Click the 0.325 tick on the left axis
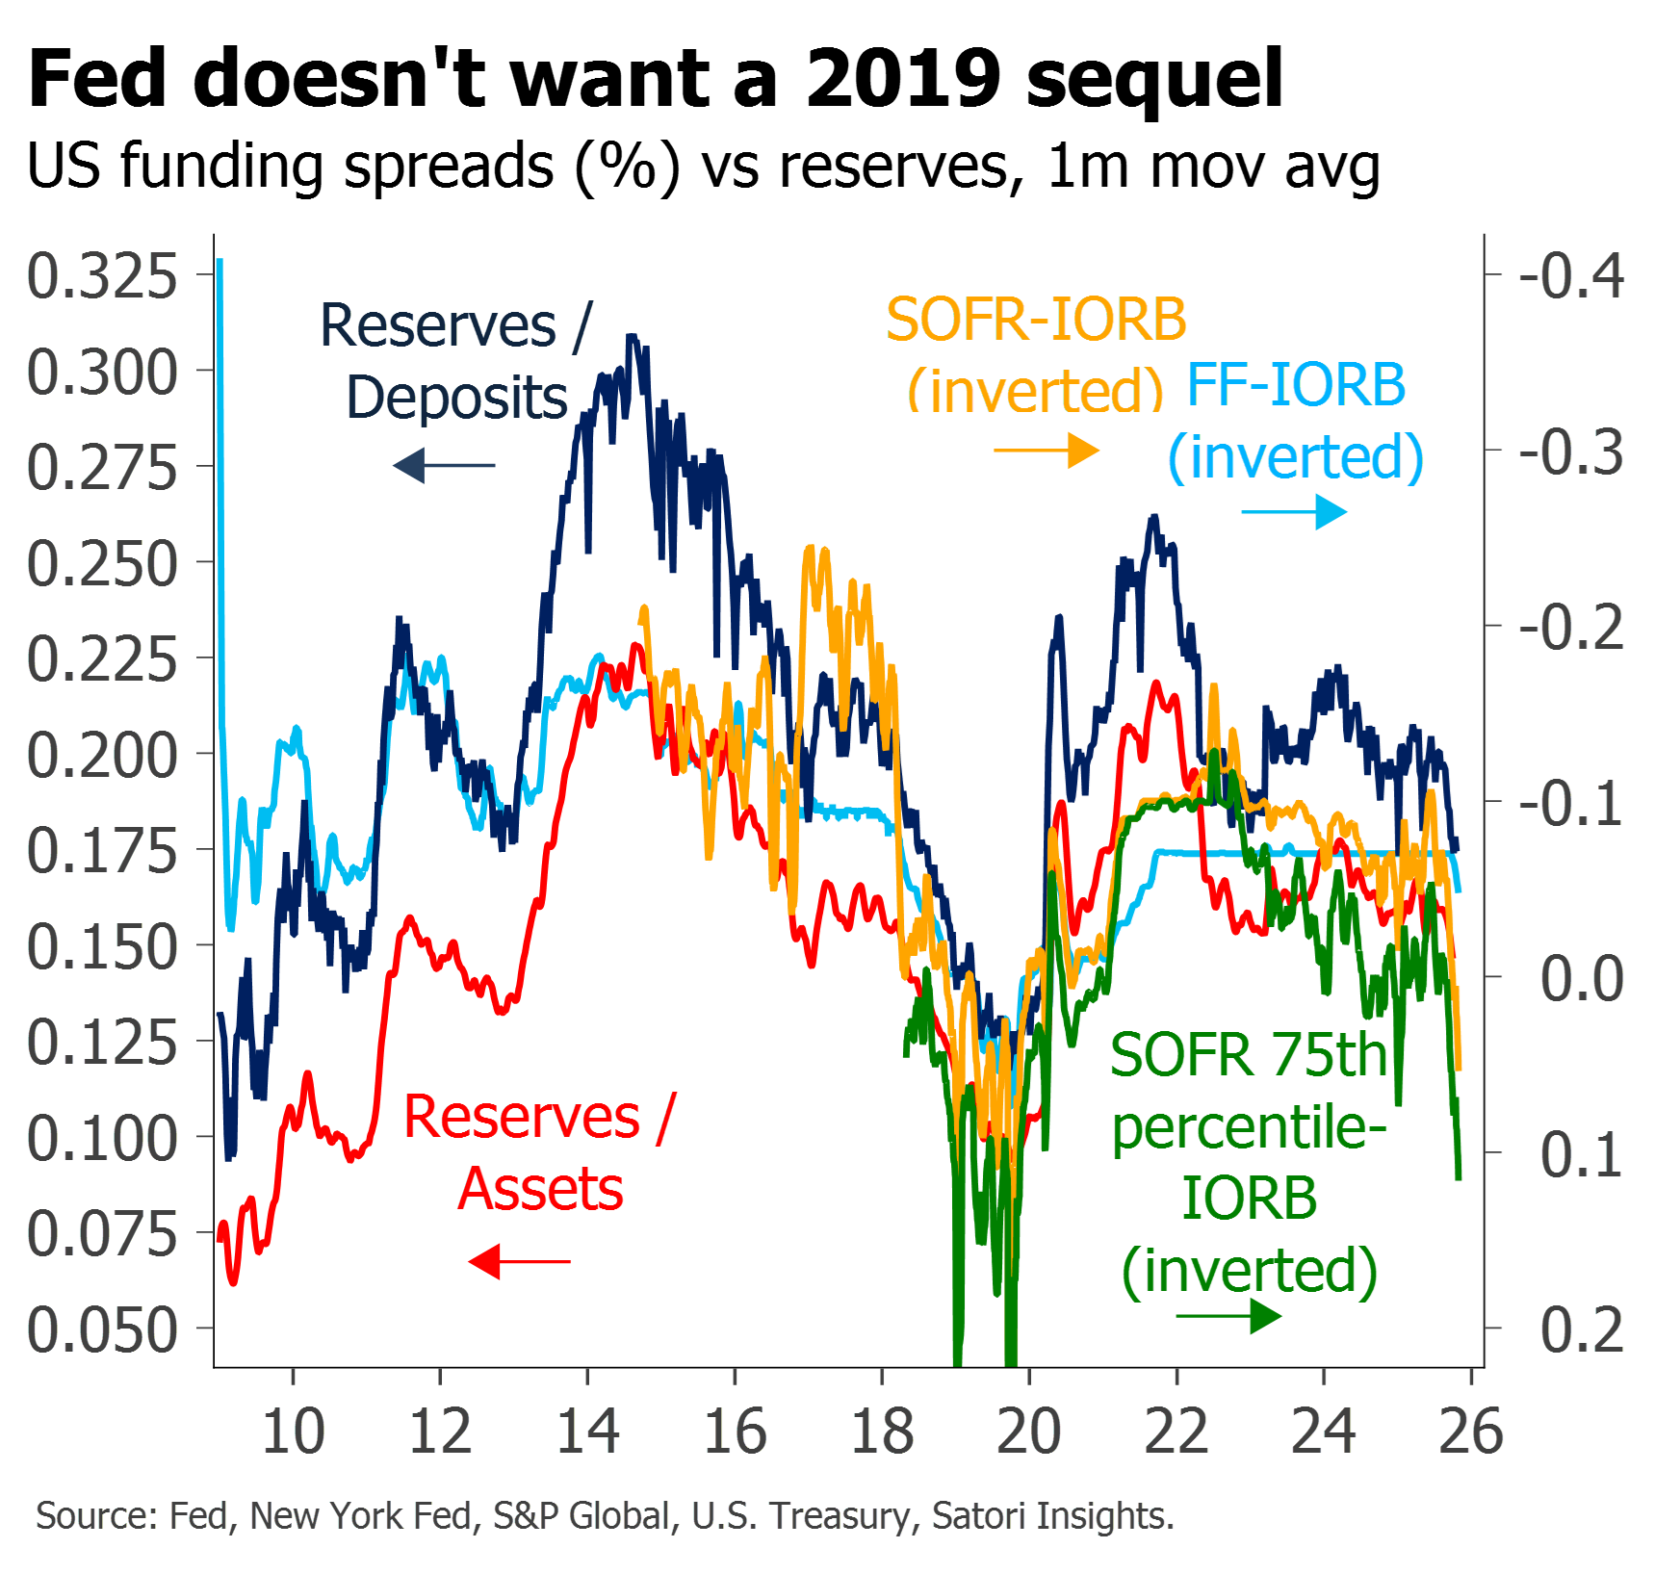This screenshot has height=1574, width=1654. point(102,276)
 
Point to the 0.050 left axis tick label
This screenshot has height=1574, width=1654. point(102,1329)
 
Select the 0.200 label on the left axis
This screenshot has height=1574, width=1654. point(102,755)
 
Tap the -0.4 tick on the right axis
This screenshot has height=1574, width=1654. point(1571,276)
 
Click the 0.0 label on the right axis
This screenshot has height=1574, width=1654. point(1582,978)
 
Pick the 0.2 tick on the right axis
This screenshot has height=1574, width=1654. point(1582,1329)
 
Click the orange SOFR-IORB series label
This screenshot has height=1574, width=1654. point(1037,320)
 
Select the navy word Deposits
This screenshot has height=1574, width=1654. point(456,398)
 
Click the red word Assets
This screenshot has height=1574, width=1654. point(541,1189)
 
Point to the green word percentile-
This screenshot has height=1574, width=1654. point(1250,1127)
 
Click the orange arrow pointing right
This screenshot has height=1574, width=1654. point(1047,450)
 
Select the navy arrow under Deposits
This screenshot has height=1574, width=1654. point(444,466)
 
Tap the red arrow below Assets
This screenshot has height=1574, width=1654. point(520,1261)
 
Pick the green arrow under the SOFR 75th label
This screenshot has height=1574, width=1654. point(1229,1316)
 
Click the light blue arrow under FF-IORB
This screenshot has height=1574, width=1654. point(1295,511)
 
